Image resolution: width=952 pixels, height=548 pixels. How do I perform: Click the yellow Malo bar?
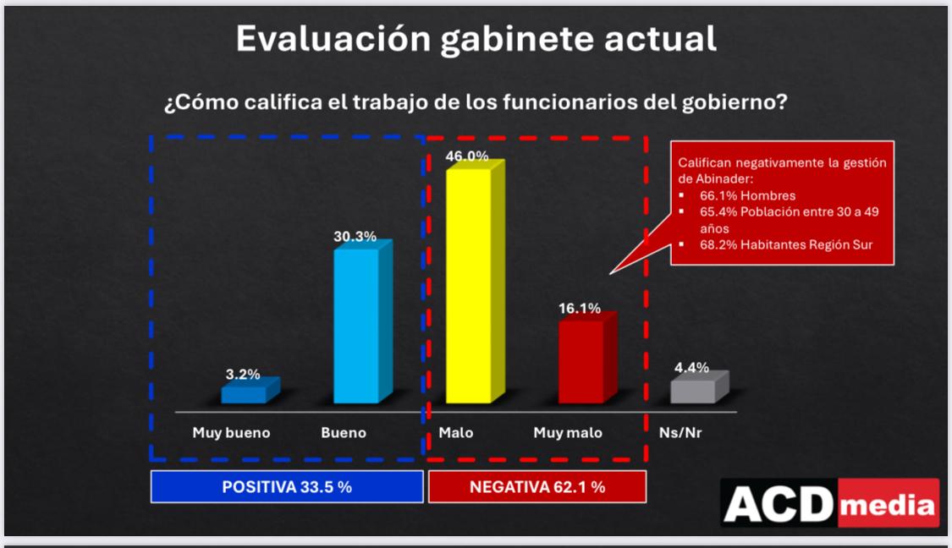click(469, 286)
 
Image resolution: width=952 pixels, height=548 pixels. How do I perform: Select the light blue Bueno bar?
click(357, 326)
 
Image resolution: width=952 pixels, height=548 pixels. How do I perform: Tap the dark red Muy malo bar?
click(581, 361)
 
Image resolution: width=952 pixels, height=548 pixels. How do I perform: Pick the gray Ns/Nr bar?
click(693, 391)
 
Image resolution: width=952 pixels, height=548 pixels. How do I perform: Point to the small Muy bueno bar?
click(244, 394)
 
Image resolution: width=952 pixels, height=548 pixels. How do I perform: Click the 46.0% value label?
click(467, 156)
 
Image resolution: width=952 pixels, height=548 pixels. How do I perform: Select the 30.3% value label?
click(355, 237)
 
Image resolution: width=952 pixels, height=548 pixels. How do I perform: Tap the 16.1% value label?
click(580, 308)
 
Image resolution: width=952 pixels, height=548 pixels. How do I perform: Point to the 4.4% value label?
click(691, 368)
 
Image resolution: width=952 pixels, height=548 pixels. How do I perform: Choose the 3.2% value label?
click(242, 374)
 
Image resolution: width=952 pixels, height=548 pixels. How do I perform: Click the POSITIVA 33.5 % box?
click(287, 487)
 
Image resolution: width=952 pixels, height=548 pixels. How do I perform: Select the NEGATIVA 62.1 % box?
click(537, 487)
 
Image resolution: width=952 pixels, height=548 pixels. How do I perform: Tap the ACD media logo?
click(830, 504)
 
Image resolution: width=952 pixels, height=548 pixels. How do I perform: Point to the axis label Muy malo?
click(568, 433)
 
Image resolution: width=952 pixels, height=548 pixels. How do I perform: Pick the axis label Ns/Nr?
click(680, 433)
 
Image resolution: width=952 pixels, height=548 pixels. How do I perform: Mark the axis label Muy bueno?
click(231, 433)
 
